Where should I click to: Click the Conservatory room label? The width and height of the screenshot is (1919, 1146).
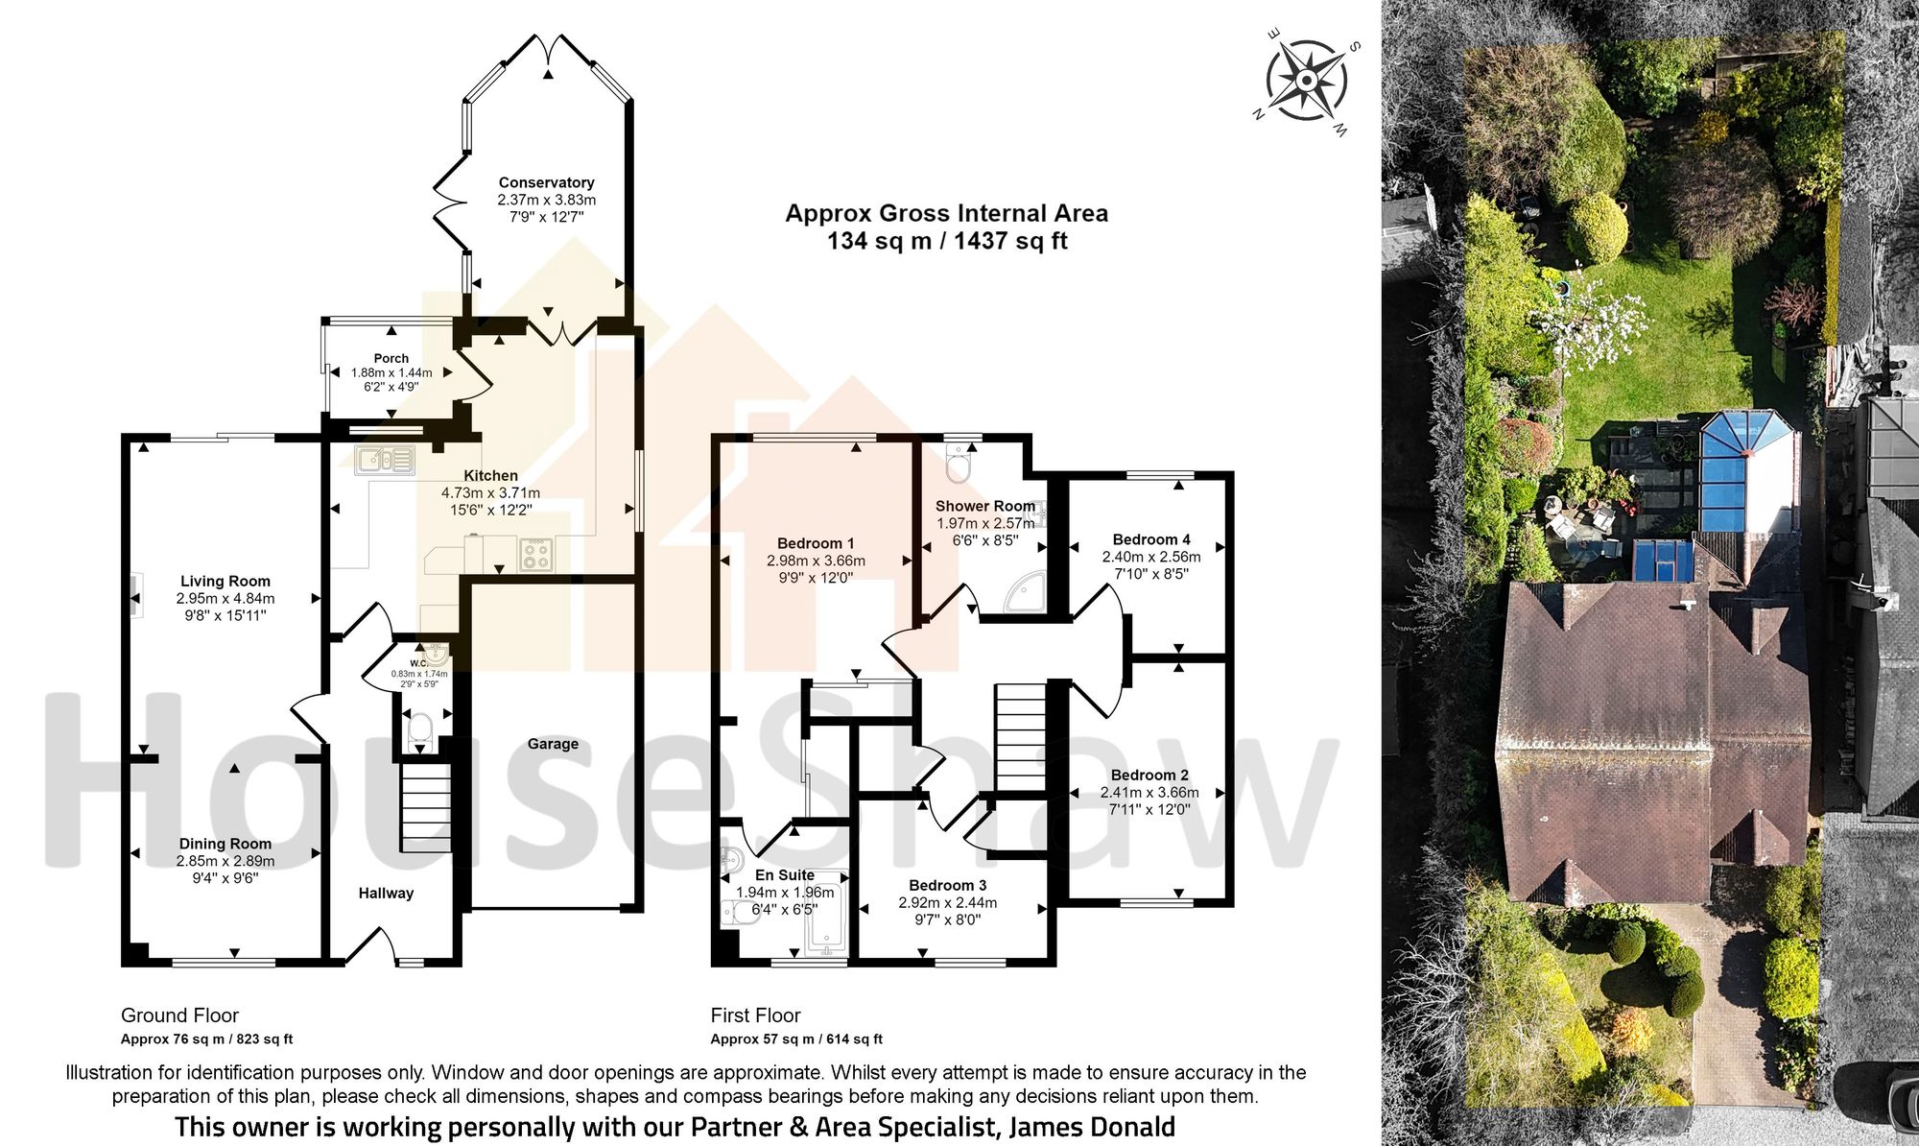coord(546,182)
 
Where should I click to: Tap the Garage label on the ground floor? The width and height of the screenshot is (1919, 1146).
coord(553,744)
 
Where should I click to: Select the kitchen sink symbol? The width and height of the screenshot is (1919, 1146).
coord(384,462)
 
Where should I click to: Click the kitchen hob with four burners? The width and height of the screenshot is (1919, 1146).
coord(535,555)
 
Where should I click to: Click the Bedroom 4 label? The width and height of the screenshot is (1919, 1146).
coord(1151,539)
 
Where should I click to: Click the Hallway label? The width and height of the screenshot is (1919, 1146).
coord(386,894)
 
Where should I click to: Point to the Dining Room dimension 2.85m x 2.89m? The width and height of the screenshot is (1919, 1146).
coord(225,861)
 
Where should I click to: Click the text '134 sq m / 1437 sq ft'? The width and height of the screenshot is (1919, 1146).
coord(947,241)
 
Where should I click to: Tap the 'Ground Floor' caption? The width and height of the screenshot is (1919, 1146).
coord(179,1015)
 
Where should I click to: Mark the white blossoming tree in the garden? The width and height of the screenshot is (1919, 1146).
coord(1583,322)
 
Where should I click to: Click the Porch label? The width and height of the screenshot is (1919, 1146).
coord(391,358)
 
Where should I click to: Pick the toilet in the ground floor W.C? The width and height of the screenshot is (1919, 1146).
coord(420,734)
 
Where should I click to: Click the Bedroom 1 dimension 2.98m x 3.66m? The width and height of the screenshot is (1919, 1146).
coord(816,561)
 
